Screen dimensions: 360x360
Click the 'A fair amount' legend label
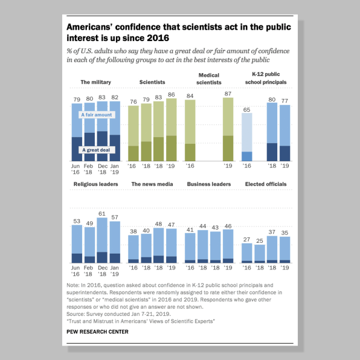(x=97, y=115)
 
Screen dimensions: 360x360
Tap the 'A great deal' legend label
(x=96, y=150)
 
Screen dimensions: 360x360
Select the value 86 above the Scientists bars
(x=171, y=95)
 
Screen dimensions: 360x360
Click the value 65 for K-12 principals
(x=246, y=110)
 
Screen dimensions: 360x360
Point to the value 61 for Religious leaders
(x=102, y=214)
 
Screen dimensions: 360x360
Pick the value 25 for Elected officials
(x=260, y=241)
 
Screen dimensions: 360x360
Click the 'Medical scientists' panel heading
(x=209, y=79)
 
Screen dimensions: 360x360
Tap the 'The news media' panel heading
(x=152, y=184)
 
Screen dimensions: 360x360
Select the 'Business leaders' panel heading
(x=209, y=184)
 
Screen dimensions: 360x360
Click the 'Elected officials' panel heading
(x=266, y=184)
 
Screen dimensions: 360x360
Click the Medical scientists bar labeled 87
(x=228, y=129)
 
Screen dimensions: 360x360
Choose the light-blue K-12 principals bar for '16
(x=247, y=137)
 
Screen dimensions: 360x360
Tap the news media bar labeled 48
(x=158, y=245)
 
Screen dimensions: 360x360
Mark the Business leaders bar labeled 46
(x=228, y=246)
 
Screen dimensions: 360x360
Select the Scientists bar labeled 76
(x=133, y=133)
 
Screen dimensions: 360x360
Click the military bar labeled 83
(x=102, y=131)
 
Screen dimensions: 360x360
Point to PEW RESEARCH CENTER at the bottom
(x=97, y=332)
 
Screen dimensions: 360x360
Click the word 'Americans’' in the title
(x=89, y=27)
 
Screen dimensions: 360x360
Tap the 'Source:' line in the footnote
(x=118, y=314)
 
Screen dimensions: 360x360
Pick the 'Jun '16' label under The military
(x=76, y=169)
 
